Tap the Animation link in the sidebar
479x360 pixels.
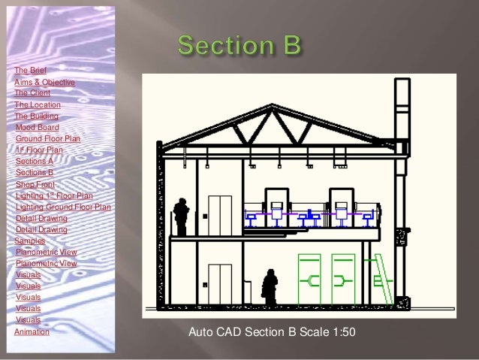click(32, 331)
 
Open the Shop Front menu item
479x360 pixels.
click(35, 184)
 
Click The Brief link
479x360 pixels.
click(30, 70)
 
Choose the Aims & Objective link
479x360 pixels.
click(44, 82)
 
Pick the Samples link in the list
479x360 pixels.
click(29, 241)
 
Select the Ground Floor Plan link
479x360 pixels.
click(47, 139)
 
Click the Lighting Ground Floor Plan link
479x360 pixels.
click(63, 207)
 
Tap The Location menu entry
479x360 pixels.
click(38, 105)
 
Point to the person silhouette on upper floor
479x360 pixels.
click(181, 216)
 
